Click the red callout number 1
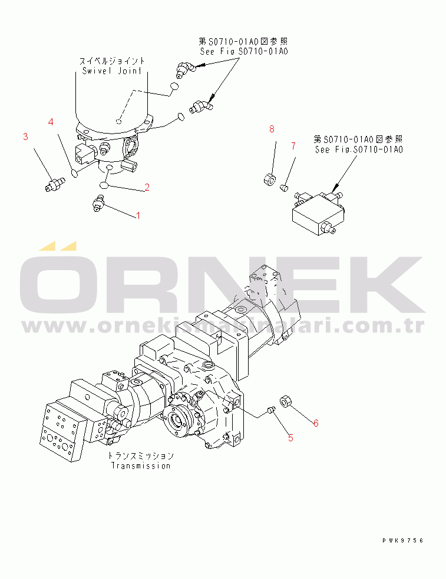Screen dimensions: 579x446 [138, 216]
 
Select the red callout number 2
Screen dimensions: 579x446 [147, 188]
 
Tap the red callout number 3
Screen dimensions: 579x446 [25, 137]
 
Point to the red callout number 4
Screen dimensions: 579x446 [51, 122]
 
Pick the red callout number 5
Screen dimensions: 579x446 [290, 437]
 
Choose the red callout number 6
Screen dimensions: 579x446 [316, 423]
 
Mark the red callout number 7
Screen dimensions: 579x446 [293, 145]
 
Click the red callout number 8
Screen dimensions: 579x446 [272, 129]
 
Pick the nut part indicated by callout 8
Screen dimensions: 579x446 [268, 178]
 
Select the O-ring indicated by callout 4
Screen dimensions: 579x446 [74, 173]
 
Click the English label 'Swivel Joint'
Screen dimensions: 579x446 [112, 71]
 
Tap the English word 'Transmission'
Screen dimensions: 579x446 [141, 465]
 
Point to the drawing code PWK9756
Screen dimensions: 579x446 [402, 540]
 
